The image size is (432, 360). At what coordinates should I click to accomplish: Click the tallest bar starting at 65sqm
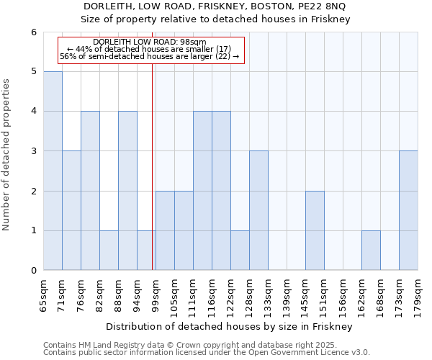point(53,171)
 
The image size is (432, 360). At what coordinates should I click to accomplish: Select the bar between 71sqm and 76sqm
point(71,210)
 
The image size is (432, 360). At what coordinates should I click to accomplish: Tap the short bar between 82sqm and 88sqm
point(109,250)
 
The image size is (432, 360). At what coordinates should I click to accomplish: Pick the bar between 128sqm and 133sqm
point(258,210)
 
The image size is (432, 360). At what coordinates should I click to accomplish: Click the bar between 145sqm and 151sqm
point(315,230)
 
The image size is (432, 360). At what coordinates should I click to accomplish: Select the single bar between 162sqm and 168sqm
point(371,250)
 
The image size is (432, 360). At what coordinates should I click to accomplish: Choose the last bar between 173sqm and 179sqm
point(408,210)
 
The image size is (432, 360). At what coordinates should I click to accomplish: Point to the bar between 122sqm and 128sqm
point(240,250)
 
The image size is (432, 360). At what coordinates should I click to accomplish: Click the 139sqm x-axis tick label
point(287,294)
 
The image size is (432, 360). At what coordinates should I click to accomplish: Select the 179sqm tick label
point(418,294)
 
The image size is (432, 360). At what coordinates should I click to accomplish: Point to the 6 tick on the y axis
point(33,32)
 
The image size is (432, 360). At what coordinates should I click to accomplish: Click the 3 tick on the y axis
point(33,151)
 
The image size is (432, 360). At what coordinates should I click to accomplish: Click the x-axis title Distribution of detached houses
point(230,327)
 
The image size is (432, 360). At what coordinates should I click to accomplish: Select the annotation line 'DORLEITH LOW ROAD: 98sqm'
point(150,42)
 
